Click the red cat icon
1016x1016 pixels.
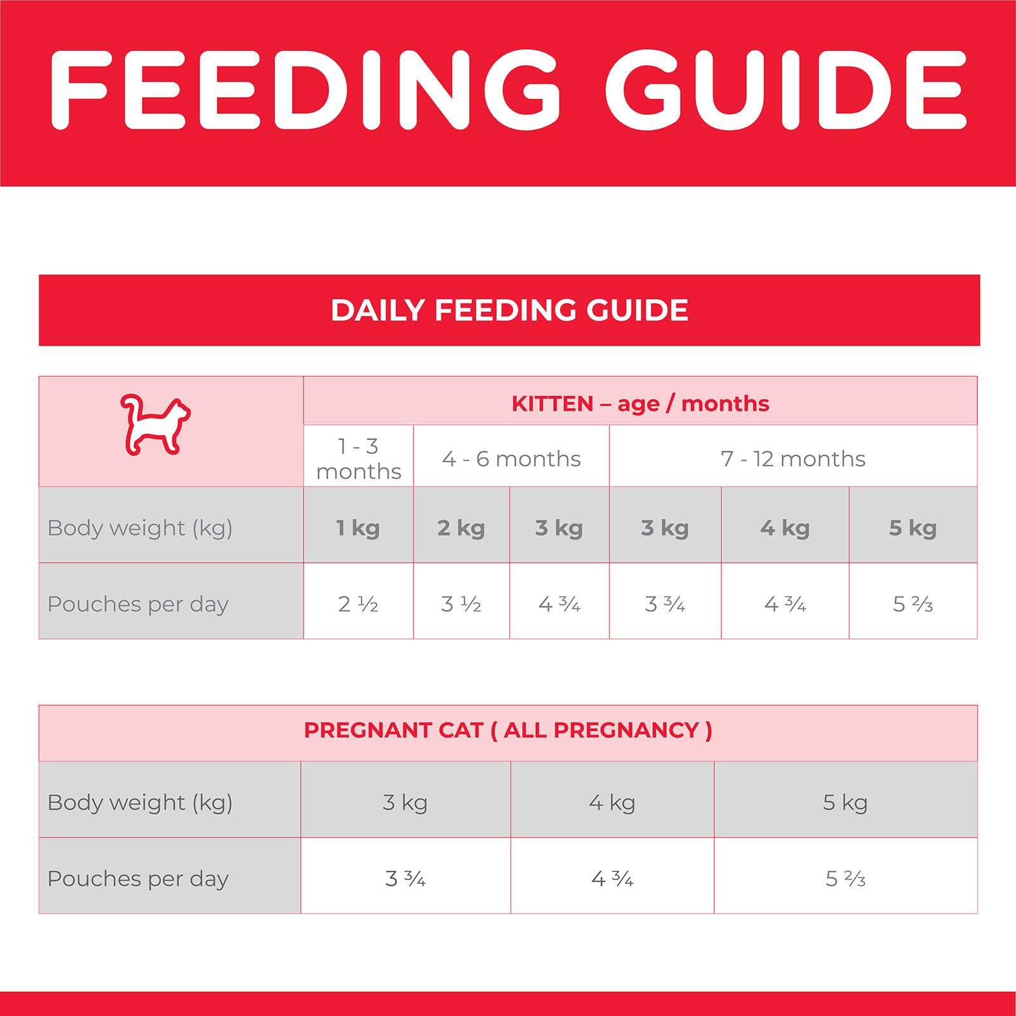coord(155,424)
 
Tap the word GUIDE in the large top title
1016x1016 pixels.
coord(785,90)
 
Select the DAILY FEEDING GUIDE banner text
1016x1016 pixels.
coord(509,311)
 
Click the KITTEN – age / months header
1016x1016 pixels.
coord(640,404)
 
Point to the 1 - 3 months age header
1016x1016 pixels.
coord(359,458)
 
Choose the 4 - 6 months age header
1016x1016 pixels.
coord(511,458)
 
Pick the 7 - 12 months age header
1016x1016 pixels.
coord(792,458)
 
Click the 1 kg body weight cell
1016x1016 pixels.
coord(358,528)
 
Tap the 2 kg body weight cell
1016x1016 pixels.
coord(461,528)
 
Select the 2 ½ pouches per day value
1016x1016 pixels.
coord(358,604)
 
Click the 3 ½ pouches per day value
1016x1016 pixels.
coord(461,604)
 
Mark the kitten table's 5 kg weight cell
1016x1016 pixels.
coord(912,528)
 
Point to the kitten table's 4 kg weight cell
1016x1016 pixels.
coord(785,528)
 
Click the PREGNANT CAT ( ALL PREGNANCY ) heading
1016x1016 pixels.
coord(508,730)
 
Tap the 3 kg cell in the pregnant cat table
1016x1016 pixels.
coord(405,803)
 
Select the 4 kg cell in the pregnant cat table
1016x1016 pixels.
coord(612,803)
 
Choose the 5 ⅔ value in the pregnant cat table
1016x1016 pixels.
coord(845,879)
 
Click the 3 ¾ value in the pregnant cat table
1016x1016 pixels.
coord(405,879)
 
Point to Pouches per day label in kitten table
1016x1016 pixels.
coord(138,604)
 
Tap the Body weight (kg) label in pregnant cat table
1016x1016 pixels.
coord(140,803)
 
